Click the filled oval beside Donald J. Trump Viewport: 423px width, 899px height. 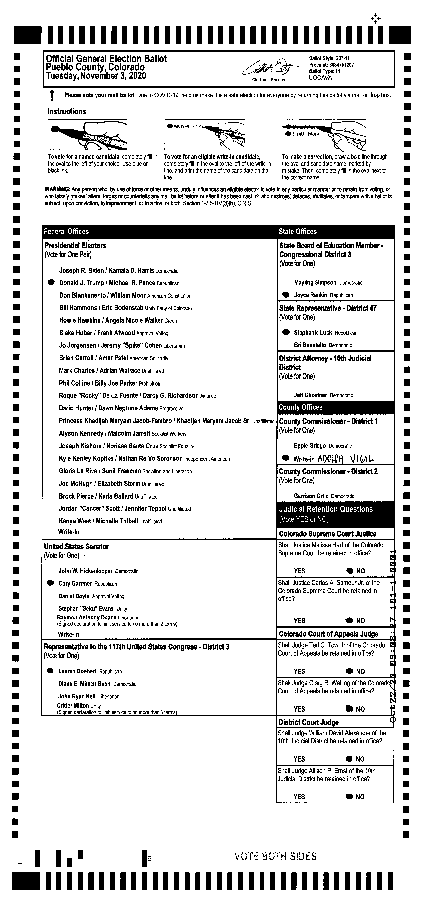pyautogui.click(x=51, y=283)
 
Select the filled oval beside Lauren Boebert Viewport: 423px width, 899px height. pyautogui.click(x=50, y=671)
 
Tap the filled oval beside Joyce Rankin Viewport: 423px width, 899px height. pyautogui.click(x=286, y=294)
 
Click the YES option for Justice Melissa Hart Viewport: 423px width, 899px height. pyautogui.click(x=299, y=571)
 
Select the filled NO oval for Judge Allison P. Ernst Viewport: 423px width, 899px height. pyautogui.click(x=349, y=796)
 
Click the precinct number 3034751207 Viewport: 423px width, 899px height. pyautogui.click(x=341, y=65)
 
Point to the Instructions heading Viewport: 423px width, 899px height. pyautogui.click(x=67, y=112)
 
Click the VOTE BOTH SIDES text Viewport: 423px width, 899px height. pyautogui.click(x=275, y=856)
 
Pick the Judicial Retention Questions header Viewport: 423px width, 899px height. pyautogui.click(x=326, y=509)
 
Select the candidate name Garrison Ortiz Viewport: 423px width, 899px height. pyautogui.click(x=311, y=496)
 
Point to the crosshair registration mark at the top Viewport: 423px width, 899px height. pyautogui.click(x=375, y=18)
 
